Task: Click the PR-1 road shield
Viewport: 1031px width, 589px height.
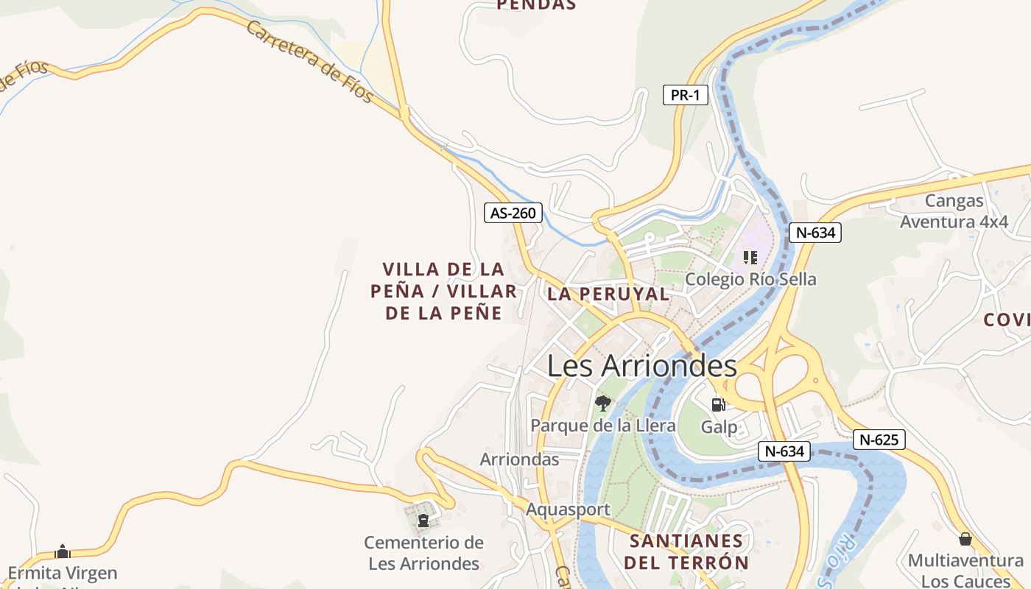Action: (685, 95)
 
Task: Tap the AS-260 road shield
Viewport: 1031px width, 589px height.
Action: (513, 214)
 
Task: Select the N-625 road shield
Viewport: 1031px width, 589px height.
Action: (879, 440)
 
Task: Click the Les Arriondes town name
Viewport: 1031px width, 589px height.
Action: (641, 366)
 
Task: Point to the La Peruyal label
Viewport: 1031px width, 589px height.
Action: (608, 294)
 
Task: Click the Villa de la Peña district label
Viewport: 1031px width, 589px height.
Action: (444, 291)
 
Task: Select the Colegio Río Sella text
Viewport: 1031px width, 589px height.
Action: (750, 280)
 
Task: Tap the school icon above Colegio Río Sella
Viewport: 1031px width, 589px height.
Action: (750, 258)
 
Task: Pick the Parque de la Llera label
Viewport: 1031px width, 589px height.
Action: (603, 426)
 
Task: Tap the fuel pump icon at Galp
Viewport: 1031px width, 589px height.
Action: (718, 404)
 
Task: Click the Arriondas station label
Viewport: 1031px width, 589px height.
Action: (519, 459)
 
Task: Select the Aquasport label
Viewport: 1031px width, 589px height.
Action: (568, 509)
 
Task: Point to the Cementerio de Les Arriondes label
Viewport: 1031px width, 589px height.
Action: (424, 554)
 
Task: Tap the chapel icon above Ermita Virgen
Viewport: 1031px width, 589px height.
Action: (63, 551)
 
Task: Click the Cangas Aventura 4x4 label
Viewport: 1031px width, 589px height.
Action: (954, 211)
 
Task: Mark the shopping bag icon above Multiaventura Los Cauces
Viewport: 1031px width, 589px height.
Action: (965, 539)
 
